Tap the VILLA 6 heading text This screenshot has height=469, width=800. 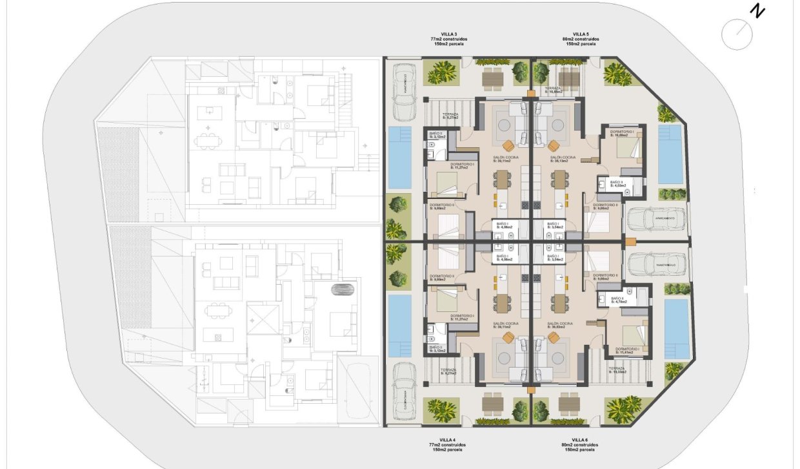pos(580,439)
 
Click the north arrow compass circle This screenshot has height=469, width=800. pos(737,34)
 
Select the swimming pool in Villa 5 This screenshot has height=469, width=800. pos(671,154)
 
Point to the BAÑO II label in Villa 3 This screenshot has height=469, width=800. pos(437,135)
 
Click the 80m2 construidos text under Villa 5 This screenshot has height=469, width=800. pos(581,39)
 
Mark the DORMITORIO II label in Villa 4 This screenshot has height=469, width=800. pos(445,278)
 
